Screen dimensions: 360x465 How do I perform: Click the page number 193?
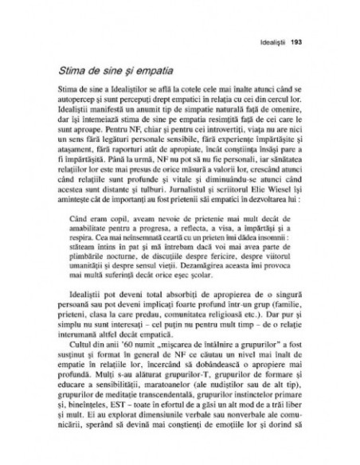296,41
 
